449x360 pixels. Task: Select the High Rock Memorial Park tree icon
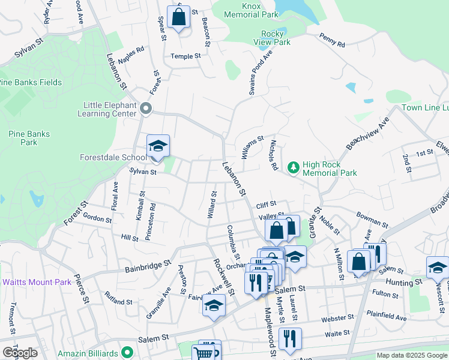[294, 168]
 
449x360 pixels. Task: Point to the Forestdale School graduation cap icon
[158, 146]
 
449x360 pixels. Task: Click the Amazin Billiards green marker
[126, 353]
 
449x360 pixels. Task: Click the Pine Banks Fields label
[30, 82]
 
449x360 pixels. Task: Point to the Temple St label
[185, 56]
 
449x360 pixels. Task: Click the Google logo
[20, 353]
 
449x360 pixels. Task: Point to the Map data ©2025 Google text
[412, 355]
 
